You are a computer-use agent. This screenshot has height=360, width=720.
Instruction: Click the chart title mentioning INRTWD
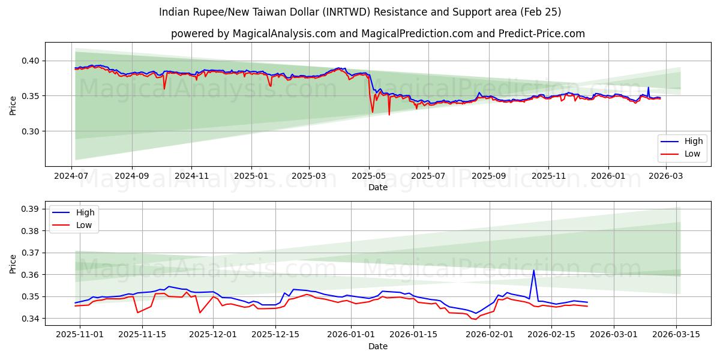coord(360,12)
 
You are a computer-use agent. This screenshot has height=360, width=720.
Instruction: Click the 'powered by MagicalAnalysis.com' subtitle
coord(378,34)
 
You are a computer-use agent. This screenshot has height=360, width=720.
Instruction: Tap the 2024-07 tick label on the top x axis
coord(72,176)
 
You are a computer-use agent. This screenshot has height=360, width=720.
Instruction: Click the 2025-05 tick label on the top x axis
coord(369,176)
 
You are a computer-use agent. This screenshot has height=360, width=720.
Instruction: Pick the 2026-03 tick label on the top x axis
coord(666,176)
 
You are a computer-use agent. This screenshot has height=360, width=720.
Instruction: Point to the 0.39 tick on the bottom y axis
coord(30,209)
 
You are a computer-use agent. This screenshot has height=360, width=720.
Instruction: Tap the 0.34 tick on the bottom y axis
coord(30,319)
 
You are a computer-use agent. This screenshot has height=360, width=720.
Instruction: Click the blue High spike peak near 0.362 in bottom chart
coord(533,270)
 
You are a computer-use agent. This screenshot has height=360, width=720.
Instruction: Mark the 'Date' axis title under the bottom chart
coord(378,346)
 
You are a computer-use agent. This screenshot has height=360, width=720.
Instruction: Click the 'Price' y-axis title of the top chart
coord(13,104)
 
